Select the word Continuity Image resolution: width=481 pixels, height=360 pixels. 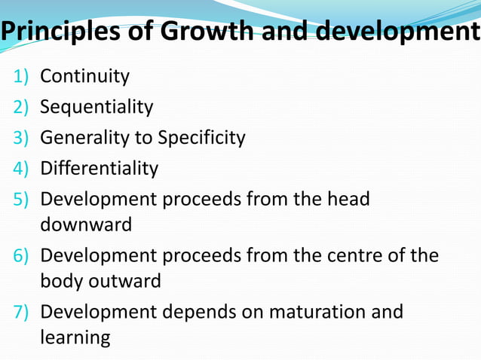tap(84, 76)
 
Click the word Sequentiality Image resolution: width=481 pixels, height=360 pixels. tap(97, 107)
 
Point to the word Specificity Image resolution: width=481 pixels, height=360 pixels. tap(201, 138)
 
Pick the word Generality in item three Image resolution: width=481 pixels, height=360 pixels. tap(85, 138)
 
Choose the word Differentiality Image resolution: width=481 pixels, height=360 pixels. tap(99, 168)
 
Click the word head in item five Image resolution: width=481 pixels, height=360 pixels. tap(347, 199)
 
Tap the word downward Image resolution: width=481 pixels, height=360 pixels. tap(85, 224)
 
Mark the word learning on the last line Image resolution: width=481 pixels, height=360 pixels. tap(75, 337)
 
